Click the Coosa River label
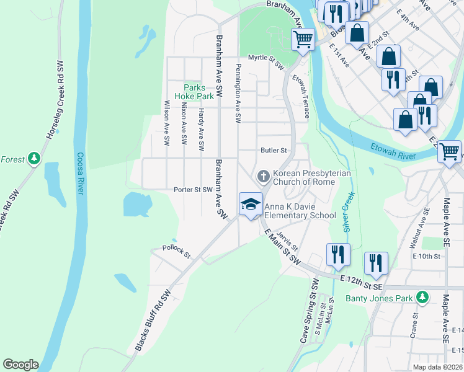tap(80, 174)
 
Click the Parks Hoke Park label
tap(199, 92)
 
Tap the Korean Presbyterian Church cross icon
tap(264, 177)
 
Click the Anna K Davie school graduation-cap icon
tap(251, 204)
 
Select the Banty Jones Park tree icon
tap(422, 298)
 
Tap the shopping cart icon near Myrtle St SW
tap(303, 40)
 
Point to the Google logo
tap(20, 365)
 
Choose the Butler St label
tap(274, 150)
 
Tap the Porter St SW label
tap(193, 190)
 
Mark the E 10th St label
tap(426, 255)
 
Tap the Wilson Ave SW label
tap(167, 123)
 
